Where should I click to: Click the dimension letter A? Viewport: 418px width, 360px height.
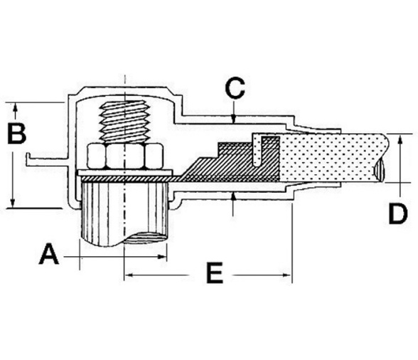click(x=49, y=254)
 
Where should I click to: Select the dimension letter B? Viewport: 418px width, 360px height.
click(x=17, y=133)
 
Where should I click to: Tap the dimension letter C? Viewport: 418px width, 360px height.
click(x=235, y=88)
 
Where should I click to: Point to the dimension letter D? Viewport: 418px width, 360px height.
click(x=398, y=213)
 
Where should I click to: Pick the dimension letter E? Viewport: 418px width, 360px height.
click(x=215, y=272)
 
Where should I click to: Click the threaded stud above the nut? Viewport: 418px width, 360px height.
click(x=124, y=122)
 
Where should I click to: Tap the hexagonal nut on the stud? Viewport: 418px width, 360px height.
click(x=124, y=157)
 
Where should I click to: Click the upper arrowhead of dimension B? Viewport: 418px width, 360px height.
click(x=15, y=109)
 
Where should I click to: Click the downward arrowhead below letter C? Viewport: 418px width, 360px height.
click(x=233, y=119)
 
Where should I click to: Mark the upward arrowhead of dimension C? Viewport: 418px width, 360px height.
click(x=233, y=196)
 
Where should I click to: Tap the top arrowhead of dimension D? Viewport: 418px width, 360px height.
click(x=400, y=139)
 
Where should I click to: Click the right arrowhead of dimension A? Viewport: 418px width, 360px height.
click(x=162, y=257)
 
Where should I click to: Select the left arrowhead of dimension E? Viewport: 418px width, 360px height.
click(x=129, y=275)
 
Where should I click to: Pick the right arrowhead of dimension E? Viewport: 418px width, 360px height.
click(x=287, y=275)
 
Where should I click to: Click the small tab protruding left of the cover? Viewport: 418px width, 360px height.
click(x=45, y=159)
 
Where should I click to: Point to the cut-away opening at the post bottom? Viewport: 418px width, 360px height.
click(x=145, y=238)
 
